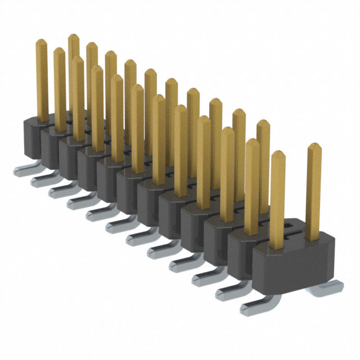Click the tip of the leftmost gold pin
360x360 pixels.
(x=42, y=43)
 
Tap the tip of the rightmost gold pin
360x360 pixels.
(x=313, y=147)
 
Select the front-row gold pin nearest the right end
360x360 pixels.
(x=277, y=197)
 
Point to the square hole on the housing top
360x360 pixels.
(x=290, y=226)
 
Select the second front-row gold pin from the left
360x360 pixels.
(x=60, y=84)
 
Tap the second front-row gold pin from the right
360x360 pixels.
(x=252, y=186)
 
